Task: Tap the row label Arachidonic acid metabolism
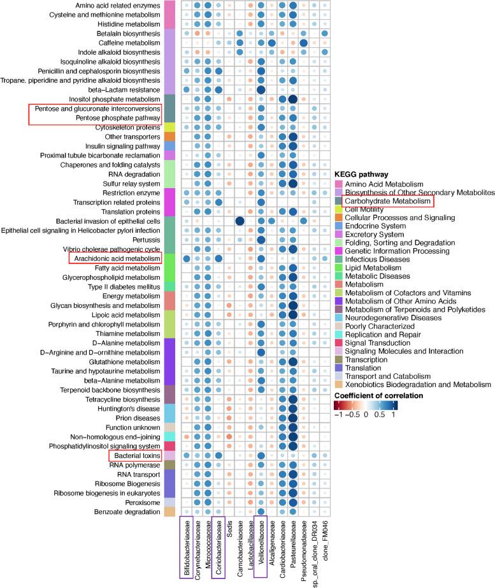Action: [x=115, y=258]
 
